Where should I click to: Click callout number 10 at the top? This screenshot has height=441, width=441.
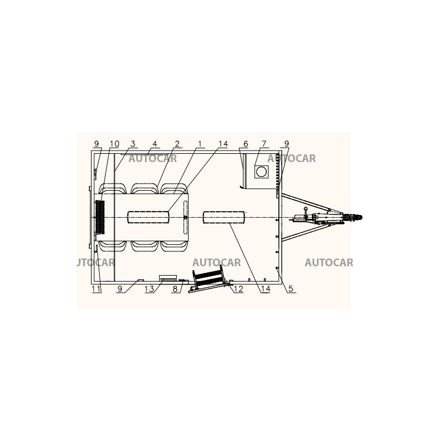115,144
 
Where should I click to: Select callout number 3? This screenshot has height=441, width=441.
133,144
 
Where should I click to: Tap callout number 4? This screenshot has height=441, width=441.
155,144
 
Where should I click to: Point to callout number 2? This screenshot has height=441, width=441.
177,144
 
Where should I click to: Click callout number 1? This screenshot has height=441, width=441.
200,144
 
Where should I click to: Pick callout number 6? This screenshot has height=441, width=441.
245,144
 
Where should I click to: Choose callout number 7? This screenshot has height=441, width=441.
264,144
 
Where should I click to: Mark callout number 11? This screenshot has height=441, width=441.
96,289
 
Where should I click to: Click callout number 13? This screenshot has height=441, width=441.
149,289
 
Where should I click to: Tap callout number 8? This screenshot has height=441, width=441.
175,289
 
